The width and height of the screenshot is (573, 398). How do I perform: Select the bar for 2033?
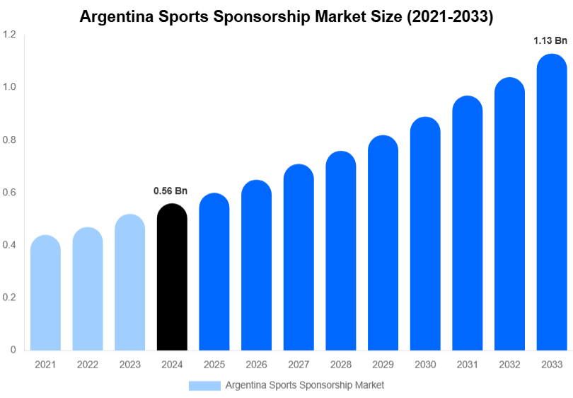[x=552, y=205]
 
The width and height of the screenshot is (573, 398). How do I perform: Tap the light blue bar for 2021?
[x=45, y=294]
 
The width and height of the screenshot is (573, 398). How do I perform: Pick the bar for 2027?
[x=299, y=258]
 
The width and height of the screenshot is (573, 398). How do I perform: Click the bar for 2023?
[x=129, y=283]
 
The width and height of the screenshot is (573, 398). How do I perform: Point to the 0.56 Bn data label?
[x=170, y=191]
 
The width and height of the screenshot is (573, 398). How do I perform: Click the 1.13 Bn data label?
[x=550, y=41]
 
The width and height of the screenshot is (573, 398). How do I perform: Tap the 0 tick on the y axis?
[x=13, y=350]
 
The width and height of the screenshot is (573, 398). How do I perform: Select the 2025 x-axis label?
[x=214, y=365]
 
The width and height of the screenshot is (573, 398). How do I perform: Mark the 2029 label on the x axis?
[x=383, y=365]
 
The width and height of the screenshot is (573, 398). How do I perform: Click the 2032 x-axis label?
[x=509, y=365]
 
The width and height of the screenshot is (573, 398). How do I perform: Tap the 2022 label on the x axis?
[x=88, y=365]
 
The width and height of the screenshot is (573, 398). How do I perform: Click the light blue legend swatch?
[x=204, y=385]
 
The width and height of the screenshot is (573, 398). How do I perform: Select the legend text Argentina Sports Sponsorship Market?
[x=305, y=385]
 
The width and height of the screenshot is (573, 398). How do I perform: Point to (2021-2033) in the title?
[x=450, y=17]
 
